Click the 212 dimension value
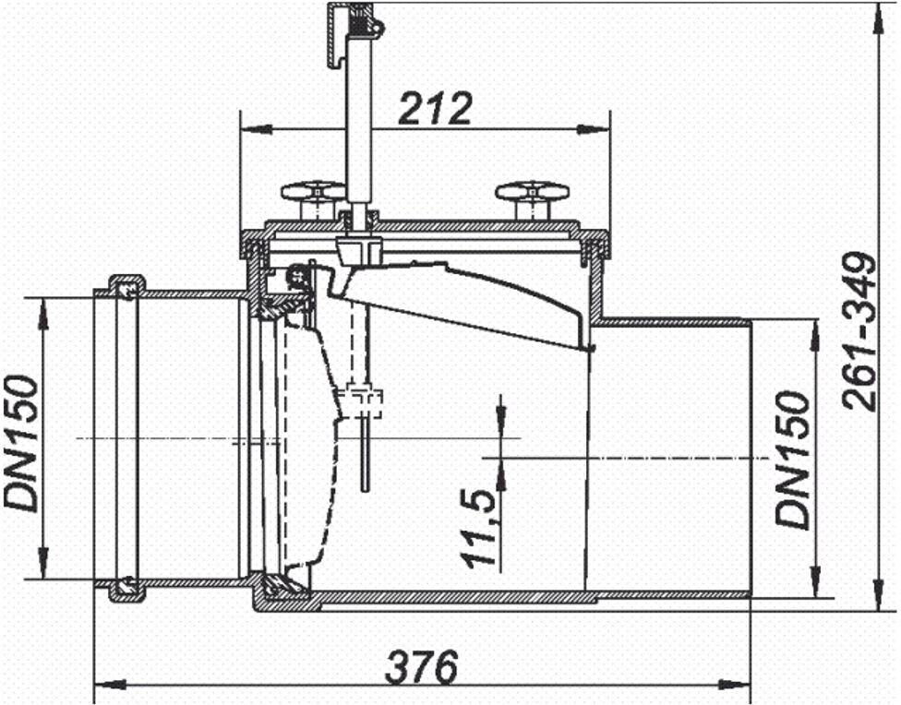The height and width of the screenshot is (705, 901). click(435, 108)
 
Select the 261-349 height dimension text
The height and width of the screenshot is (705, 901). click(859, 332)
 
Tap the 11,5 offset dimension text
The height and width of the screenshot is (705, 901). click(480, 529)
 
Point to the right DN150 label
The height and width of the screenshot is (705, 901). click(792, 460)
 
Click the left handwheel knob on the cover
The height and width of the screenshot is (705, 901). click(313, 193)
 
